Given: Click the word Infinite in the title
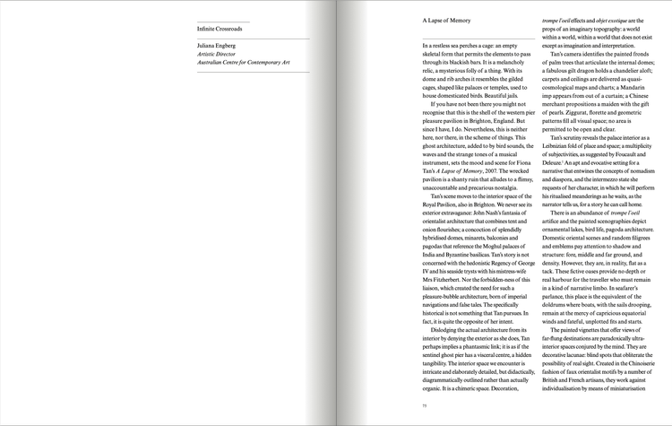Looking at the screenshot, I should (x=207, y=29).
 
